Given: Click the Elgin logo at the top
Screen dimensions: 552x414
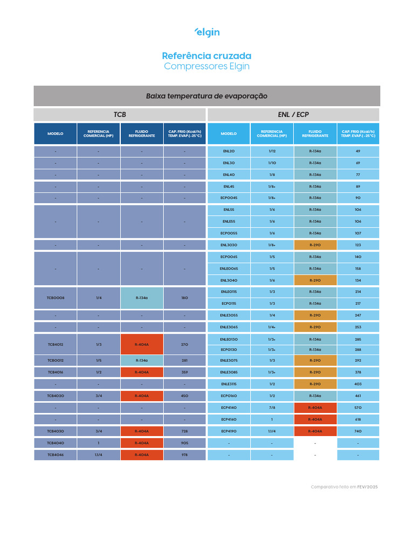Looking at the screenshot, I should coord(207,32).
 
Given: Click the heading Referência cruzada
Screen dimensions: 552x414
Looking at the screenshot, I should coord(206,56).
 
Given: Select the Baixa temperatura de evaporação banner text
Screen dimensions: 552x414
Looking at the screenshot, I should coord(206,96).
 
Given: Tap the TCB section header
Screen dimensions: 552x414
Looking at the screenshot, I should coord(120,115).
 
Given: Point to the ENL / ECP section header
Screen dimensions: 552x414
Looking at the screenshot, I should coord(293,115).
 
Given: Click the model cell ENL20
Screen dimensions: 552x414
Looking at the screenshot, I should coord(229,151).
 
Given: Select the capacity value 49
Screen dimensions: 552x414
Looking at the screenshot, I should coord(358,151).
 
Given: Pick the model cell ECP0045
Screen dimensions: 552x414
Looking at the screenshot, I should coord(229,198).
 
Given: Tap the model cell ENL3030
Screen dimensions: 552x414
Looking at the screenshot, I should coord(229,245).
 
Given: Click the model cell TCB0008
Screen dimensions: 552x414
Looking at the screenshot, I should coord(56,298).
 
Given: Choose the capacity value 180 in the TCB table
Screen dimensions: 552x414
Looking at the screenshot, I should coord(184,298).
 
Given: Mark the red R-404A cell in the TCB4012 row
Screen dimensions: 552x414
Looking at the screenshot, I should coord(142,344).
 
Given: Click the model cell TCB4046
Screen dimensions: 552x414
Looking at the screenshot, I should coord(56,455).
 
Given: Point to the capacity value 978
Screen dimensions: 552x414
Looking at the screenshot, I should coord(184,455).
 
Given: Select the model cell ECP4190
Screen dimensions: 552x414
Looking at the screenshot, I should coord(229,431).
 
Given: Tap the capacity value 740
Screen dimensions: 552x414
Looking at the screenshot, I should coord(358,431).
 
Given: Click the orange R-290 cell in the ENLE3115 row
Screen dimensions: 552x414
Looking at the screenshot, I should coord(315,384).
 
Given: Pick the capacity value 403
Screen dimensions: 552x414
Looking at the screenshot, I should coord(358,384).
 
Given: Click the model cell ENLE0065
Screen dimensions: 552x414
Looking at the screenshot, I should coord(229,268).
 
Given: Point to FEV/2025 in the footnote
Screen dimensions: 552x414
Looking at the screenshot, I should coord(368,487).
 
